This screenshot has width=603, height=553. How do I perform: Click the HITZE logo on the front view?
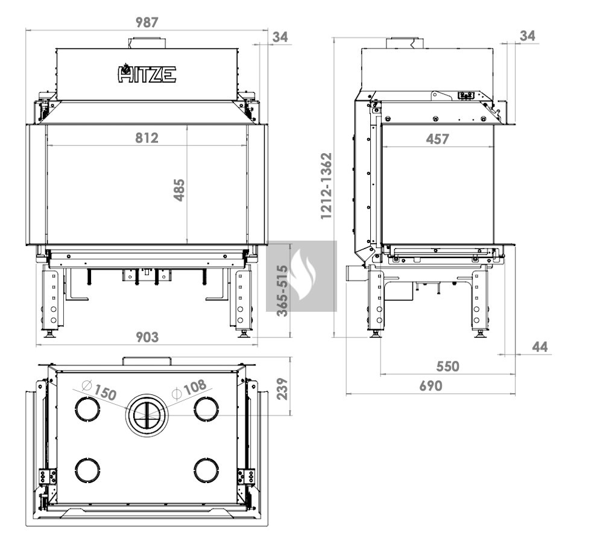[x=147, y=74]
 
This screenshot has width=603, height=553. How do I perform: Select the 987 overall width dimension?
[x=147, y=22]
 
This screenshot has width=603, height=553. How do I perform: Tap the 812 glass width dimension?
[x=147, y=137]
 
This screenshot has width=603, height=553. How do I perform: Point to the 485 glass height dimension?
[x=179, y=190]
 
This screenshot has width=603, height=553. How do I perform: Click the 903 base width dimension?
[x=147, y=337]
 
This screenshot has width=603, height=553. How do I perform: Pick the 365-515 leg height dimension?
[x=282, y=291]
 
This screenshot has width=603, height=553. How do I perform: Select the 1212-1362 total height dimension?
[x=326, y=186]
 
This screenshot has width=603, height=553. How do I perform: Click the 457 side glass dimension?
[x=437, y=139]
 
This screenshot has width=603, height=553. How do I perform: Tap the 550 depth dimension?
[x=447, y=366]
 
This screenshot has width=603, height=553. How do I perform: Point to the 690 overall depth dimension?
[x=431, y=386]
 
